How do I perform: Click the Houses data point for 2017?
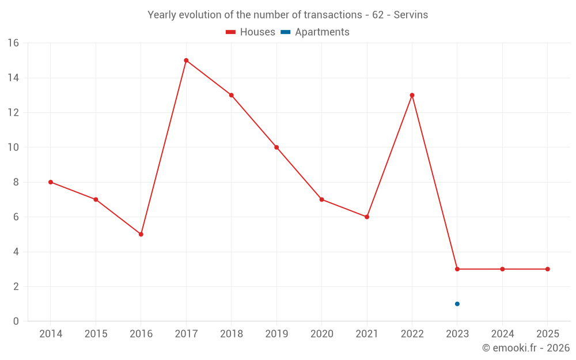coord(186,60)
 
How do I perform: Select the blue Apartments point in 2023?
coord(457,304)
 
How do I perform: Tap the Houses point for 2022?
coord(412,95)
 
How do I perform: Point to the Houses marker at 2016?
coord(141,234)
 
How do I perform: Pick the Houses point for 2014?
coord(51,182)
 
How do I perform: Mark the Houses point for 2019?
coord(276,147)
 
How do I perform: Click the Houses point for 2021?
coord(367,217)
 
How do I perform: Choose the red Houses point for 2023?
coord(457,269)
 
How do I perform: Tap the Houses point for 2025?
coord(547,269)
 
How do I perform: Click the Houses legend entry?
coord(251,32)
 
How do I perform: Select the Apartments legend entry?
coord(315,32)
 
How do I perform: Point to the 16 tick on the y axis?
coord(13,43)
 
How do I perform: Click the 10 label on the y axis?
coord(13,147)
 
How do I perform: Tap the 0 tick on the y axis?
coord(16,321)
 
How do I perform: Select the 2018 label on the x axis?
coord(231,334)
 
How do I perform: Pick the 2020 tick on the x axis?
coord(321,334)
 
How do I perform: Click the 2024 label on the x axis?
coord(502,334)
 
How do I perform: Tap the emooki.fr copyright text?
coord(525,348)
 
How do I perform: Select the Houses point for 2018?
coord(231,95)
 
